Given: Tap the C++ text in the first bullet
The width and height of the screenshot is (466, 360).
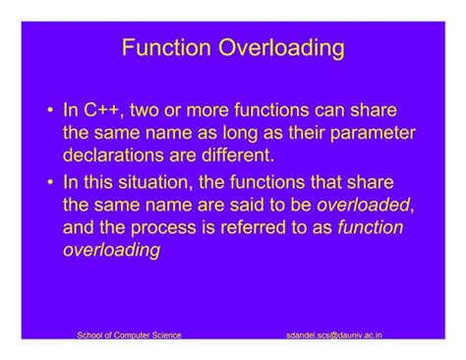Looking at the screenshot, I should [105, 110].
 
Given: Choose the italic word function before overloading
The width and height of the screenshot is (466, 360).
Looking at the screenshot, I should [370, 227].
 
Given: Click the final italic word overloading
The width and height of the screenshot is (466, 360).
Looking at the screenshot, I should [111, 250].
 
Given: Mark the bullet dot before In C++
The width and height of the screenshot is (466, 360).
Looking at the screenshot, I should [49, 110].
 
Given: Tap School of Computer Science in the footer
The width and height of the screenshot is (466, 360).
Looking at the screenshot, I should [129, 334].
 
